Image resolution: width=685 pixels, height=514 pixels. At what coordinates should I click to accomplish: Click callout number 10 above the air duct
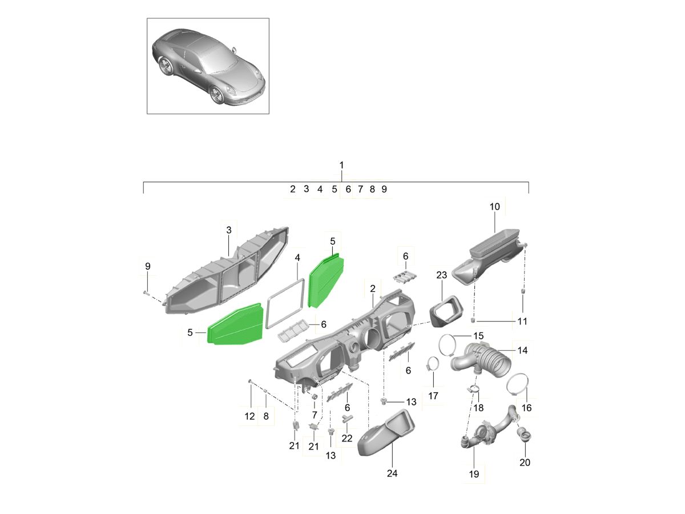(494, 207)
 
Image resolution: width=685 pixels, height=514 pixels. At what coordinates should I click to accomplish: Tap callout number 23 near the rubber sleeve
(441, 275)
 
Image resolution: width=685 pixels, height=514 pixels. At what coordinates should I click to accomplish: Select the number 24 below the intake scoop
(392, 473)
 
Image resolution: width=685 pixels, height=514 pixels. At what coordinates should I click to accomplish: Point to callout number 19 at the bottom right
(474, 474)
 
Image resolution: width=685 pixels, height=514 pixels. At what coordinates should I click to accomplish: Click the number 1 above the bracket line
(341, 165)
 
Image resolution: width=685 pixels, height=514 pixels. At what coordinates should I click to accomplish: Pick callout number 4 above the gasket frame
(297, 258)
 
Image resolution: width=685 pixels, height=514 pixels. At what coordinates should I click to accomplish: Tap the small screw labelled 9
(146, 293)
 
